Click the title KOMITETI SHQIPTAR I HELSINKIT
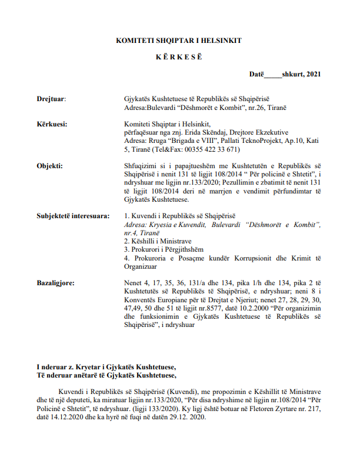pyautogui.click(x=179, y=41)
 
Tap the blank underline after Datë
pyautogui.click(x=272, y=76)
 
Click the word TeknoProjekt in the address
pyautogui.click(x=265, y=141)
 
